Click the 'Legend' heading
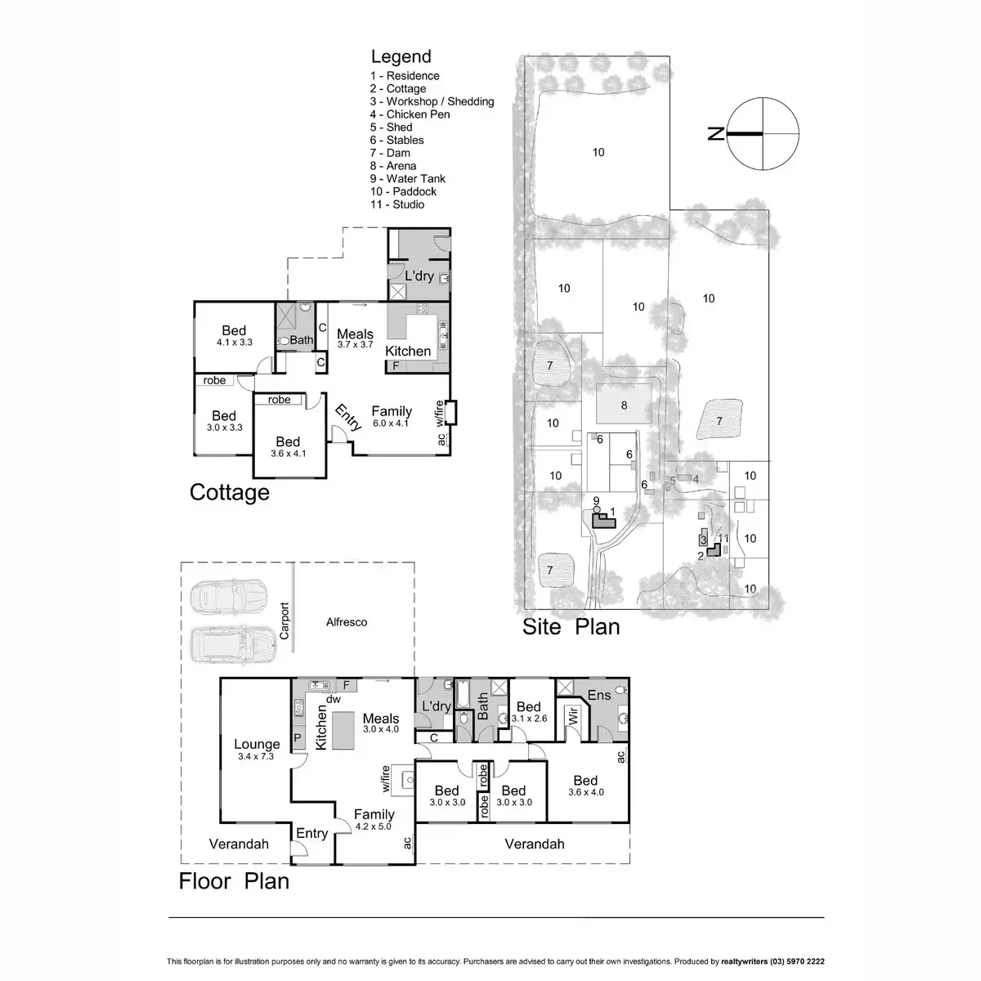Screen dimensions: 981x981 tap(401, 56)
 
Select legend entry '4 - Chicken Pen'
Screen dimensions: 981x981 tap(410, 114)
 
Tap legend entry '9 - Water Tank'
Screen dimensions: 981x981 tap(409, 178)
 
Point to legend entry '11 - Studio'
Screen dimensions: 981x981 tap(397, 204)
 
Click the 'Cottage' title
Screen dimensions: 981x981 tap(229, 492)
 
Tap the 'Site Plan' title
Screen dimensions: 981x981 tap(571, 626)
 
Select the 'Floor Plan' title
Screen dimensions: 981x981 tap(234, 880)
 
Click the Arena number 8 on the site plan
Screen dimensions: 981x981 tap(624, 405)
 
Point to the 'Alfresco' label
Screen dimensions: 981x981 tap(347, 622)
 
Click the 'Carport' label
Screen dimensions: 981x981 tap(285, 621)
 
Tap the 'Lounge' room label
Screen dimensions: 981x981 tap(257, 744)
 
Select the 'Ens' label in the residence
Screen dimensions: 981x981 tap(599, 695)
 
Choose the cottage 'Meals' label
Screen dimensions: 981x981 tap(355, 334)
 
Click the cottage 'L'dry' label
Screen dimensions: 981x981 tap(419, 275)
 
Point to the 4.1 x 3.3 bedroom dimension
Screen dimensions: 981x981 tap(234, 343)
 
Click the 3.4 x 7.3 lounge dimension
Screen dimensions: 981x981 tap(257, 756)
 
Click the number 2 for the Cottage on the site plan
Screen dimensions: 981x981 tap(701, 556)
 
